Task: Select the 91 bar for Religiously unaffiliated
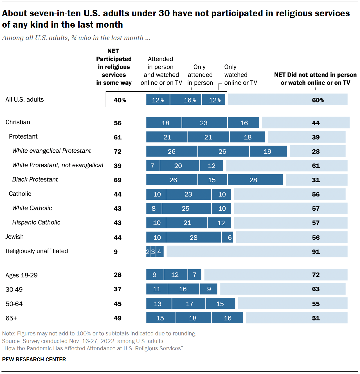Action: click(x=257, y=251)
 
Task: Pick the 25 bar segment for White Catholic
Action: click(x=186, y=208)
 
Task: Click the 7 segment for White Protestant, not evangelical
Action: click(x=153, y=166)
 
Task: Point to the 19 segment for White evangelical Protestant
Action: click(x=268, y=152)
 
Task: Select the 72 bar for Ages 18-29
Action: click(x=276, y=275)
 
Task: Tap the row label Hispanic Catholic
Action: click(x=36, y=222)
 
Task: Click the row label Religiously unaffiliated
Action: click(x=37, y=251)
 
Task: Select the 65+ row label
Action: click(x=11, y=318)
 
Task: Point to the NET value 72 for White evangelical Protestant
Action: click(x=118, y=152)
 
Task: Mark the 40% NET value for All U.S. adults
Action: click(x=120, y=100)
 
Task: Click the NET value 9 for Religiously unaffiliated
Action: click(x=116, y=252)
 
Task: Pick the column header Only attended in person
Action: click(x=200, y=75)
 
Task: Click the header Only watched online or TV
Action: click(x=240, y=75)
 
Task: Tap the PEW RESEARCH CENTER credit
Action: click(x=34, y=360)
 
